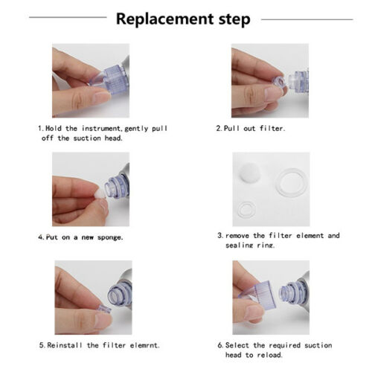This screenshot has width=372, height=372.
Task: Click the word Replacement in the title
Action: [165, 19]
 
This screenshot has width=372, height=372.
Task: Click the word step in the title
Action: [234, 20]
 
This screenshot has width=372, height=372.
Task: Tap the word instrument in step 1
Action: [101, 129]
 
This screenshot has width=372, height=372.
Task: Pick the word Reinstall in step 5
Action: [65, 345]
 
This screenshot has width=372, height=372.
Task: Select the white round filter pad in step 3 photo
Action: [250, 172]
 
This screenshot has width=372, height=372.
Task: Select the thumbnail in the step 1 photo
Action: [103, 96]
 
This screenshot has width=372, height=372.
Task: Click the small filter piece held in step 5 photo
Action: [105, 310]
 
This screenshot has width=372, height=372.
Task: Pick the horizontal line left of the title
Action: [68, 17]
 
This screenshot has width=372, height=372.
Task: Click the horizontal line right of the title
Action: [307, 19]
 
